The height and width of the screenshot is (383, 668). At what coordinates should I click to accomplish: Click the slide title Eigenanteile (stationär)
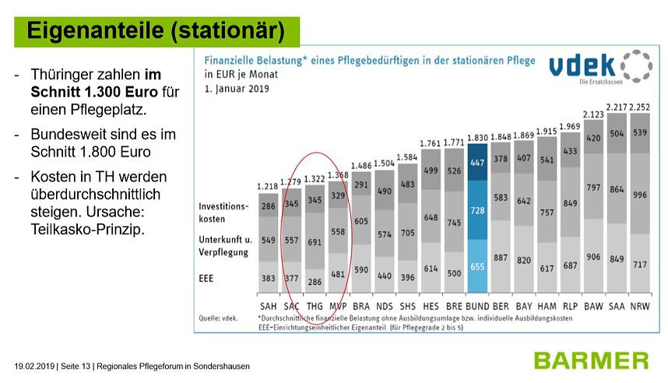click(x=156, y=30)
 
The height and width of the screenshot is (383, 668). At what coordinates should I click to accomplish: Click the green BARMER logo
click(x=591, y=360)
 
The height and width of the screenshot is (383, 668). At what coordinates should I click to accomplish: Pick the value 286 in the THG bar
click(x=315, y=279)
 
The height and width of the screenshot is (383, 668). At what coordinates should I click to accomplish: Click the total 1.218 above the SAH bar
click(x=268, y=186)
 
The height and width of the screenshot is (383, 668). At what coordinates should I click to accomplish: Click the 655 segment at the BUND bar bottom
click(x=477, y=266)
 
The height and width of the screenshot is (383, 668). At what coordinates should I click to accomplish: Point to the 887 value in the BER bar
click(x=501, y=258)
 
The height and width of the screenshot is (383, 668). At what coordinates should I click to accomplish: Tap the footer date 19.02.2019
click(x=34, y=366)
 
